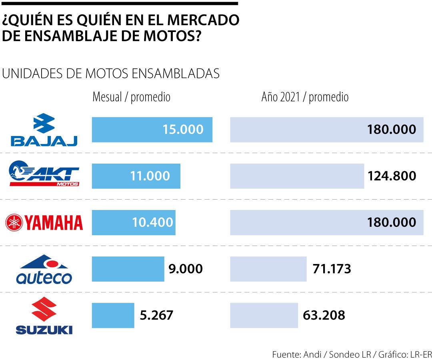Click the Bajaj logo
(44, 130)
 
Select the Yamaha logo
(44, 222)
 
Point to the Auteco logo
(44, 269)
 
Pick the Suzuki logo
(44, 318)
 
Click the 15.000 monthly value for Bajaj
(183, 130)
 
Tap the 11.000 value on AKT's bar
(150, 176)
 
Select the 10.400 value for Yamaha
(152, 222)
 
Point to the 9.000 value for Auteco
(185, 269)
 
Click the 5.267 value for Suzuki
(156, 315)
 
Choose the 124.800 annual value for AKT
(392, 176)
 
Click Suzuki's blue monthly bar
(113, 315)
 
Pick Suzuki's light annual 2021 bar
(264, 315)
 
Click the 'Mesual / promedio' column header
(131, 97)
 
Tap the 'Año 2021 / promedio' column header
(305, 97)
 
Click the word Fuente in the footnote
(285, 354)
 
